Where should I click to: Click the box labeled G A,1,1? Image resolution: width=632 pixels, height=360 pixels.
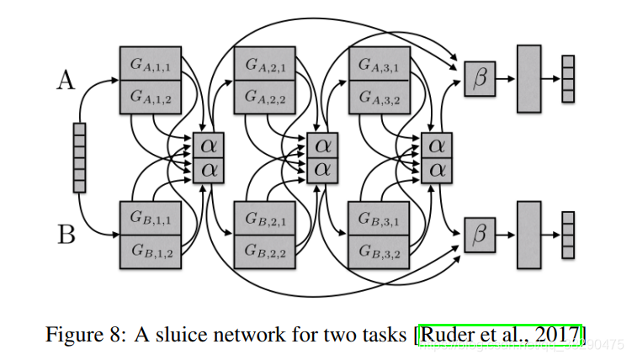pyautogui.click(x=151, y=64)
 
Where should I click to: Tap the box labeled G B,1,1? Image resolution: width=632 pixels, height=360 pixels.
pyautogui.click(x=151, y=217)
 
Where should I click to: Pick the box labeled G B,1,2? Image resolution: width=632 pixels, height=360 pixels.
pyautogui.click(x=151, y=250)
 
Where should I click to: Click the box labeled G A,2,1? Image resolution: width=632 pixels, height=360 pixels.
pyautogui.click(x=264, y=64)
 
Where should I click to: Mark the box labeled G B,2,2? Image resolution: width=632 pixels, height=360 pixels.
pyautogui.click(x=264, y=250)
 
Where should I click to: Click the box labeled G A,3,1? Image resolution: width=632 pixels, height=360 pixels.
pyautogui.click(x=378, y=64)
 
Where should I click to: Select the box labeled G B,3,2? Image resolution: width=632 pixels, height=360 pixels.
pyautogui.click(x=378, y=250)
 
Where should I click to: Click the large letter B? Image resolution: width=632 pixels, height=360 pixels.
pyautogui.click(x=66, y=233)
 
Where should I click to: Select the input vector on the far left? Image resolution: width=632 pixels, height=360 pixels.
pyautogui.click(x=79, y=157)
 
